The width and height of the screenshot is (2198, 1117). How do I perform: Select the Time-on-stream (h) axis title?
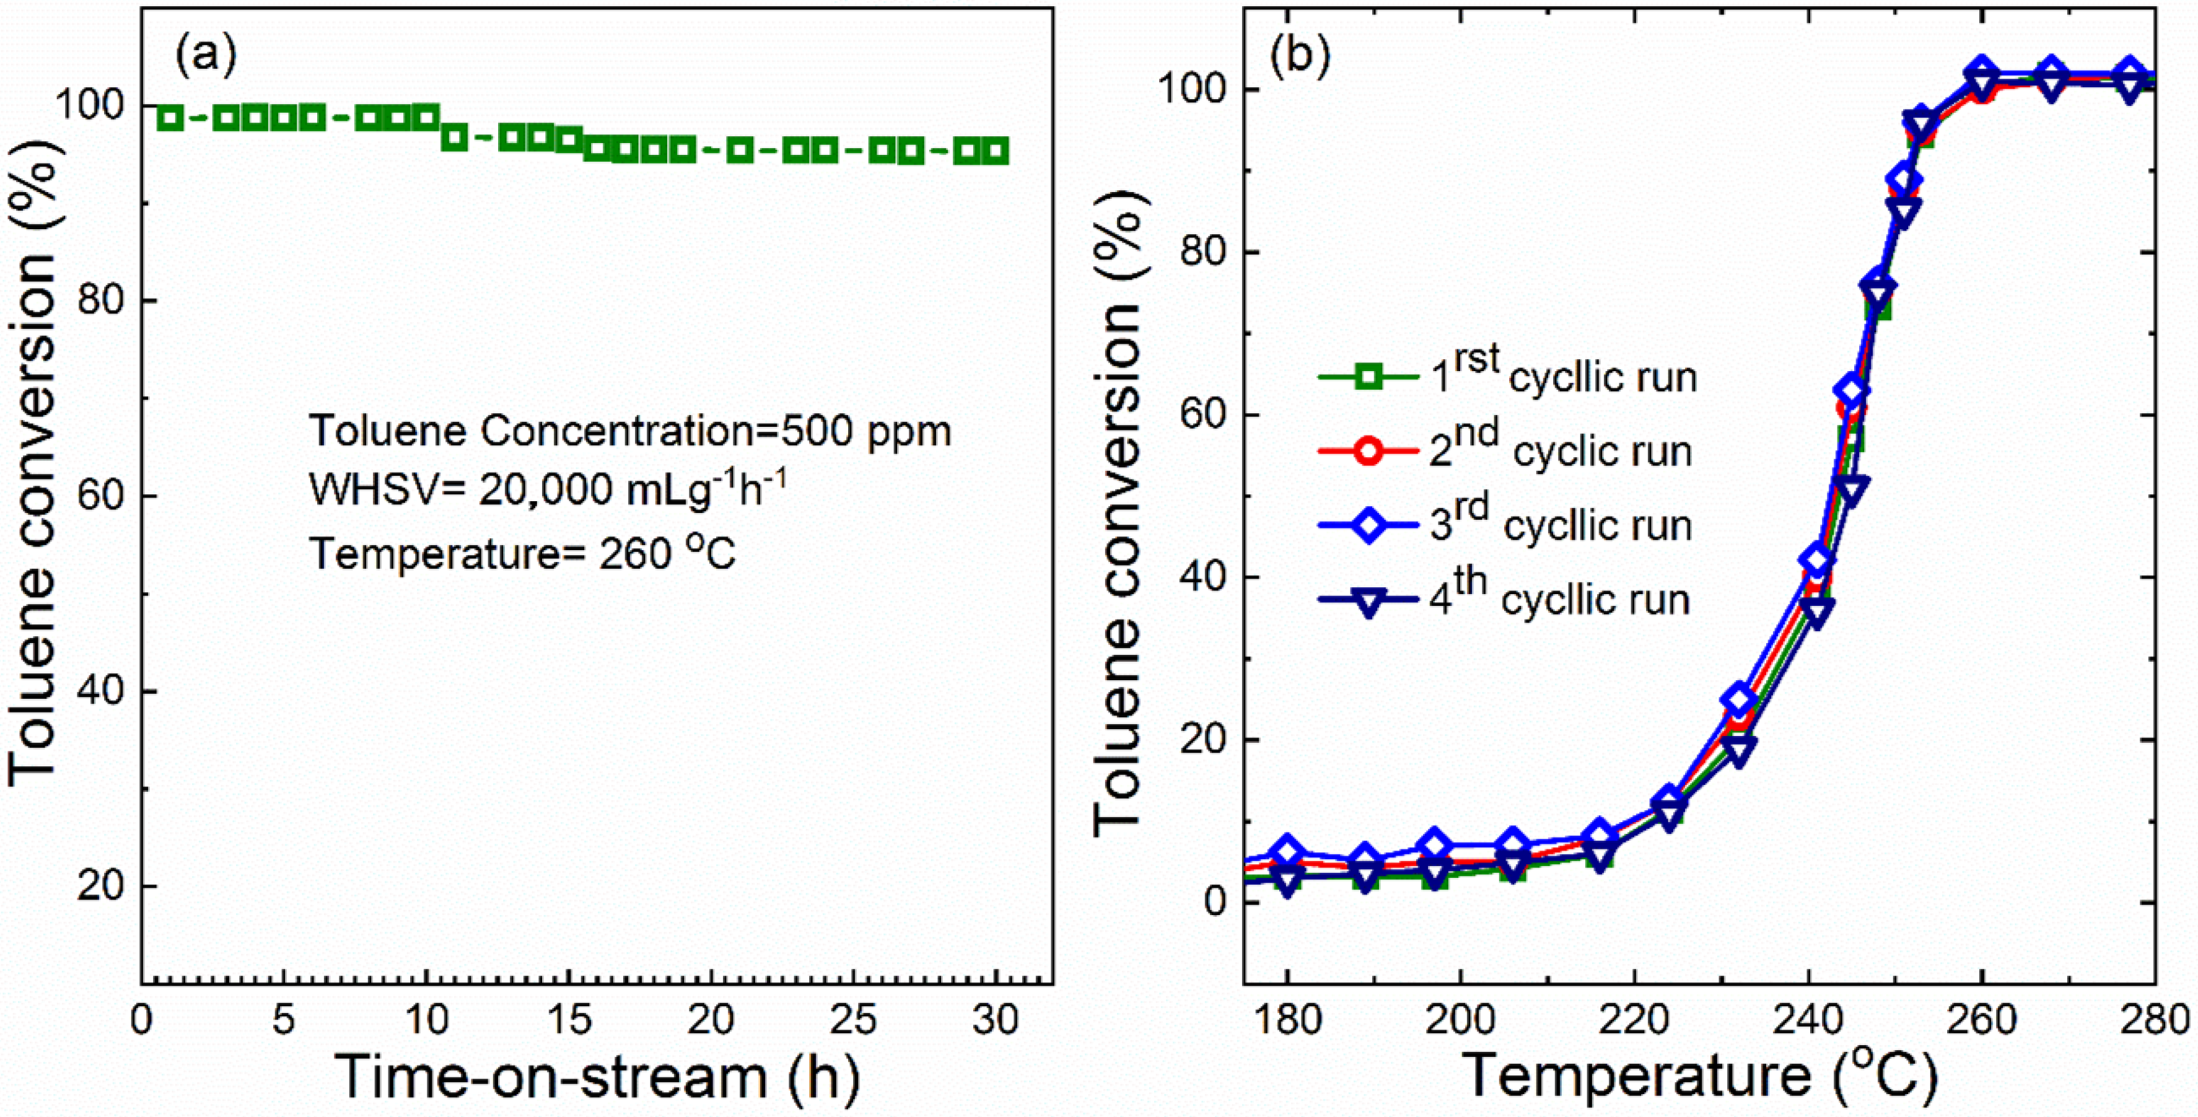[597, 1077]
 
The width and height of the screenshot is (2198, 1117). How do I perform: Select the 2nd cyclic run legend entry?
[1507, 450]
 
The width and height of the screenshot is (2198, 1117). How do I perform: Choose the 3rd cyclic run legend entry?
[1507, 524]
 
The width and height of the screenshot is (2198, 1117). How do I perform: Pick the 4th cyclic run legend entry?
[1507, 599]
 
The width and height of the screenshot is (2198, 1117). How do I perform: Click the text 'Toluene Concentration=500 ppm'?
[629, 432]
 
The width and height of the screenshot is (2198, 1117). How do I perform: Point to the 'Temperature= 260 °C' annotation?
[522, 554]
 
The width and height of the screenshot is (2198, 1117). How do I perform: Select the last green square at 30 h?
[995, 152]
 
